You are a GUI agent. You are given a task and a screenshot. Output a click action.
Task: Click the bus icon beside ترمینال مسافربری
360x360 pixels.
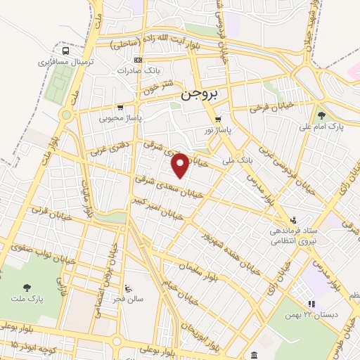click(66, 51)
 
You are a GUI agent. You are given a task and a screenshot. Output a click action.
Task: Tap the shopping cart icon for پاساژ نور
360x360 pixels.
click(218, 119)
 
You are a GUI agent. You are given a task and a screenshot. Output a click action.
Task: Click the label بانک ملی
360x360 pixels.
click(236, 161)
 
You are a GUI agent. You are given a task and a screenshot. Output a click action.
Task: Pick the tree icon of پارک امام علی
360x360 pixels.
click(321, 115)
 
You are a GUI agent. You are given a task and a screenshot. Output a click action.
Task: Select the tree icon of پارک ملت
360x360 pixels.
click(27, 286)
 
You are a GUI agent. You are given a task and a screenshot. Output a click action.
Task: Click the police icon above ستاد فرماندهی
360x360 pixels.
click(295, 219)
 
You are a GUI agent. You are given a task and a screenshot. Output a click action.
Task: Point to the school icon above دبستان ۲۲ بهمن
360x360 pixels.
click(311, 304)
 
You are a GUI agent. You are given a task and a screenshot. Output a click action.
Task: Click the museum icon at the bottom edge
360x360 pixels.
click(253, 355)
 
